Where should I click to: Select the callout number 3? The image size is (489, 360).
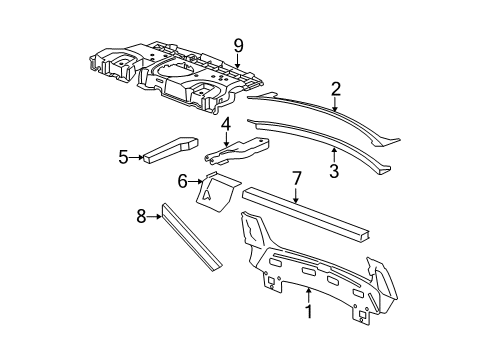[335, 170]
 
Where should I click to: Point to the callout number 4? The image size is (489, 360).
[226, 125]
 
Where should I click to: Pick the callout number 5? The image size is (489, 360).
[123, 156]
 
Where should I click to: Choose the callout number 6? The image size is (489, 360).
[183, 181]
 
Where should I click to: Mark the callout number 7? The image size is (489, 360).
[297, 178]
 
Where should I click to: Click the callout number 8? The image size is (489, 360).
[142, 213]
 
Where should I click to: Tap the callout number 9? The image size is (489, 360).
[238, 43]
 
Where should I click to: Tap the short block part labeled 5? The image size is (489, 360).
[170, 148]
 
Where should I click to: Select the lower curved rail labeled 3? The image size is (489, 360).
[320, 141]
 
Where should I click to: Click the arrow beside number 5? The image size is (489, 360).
[137, 156]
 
